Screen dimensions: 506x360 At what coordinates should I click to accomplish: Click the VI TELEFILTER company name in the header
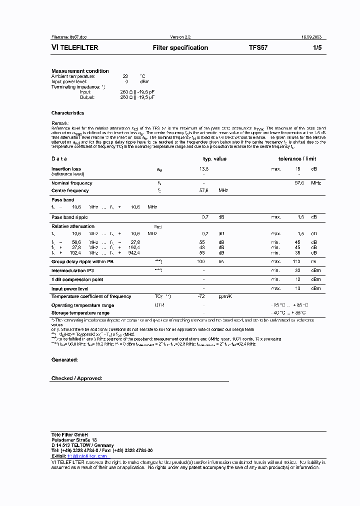pyautogui.click(x=75, y=48)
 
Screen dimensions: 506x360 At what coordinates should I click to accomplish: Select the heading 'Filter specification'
pyautogui.click(x=180, y=48)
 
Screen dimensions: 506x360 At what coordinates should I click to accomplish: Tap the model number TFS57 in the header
pyautogui.click(x=258, y=48)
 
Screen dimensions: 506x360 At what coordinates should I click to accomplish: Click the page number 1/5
pyautogui.click(x=316, y=48)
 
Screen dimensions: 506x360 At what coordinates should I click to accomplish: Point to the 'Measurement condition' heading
pyautogui.click(x=80, y=71)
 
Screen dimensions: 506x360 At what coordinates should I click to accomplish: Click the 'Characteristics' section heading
pyautogui.click(x=67, y=113)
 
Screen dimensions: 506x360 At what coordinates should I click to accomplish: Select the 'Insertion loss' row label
pyautogui.click(x=66, y=169)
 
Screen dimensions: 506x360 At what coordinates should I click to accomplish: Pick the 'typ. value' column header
pyautogui.click(x=214, y=159)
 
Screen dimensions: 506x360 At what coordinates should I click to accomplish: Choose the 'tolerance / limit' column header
pyautogui.click(x=297, y=159)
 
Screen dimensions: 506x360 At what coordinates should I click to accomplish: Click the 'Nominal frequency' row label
pyautogui.click(x=71, y=183)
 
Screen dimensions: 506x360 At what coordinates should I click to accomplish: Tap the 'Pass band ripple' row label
pyautogui.click(x=69, y=217)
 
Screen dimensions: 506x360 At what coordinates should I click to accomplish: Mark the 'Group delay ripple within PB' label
pyautogui.click(x=82, y=261)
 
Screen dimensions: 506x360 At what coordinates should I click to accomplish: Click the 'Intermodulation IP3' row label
pyautogui.click(x=72, y=270)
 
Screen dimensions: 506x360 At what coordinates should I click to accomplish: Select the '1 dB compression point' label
pyautogui.click(x=77, y=279)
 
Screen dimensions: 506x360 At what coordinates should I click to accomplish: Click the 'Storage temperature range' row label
pyautogui.click(x=80, y=313)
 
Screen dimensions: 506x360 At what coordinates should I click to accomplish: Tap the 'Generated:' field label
pyautogui.click(x=64, y=359)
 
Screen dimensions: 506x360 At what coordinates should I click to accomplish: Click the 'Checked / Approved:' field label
pyautogui.click(x=76, y=378)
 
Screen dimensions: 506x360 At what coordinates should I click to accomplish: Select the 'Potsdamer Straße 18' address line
pyautogui.click(x=74, y=439)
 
